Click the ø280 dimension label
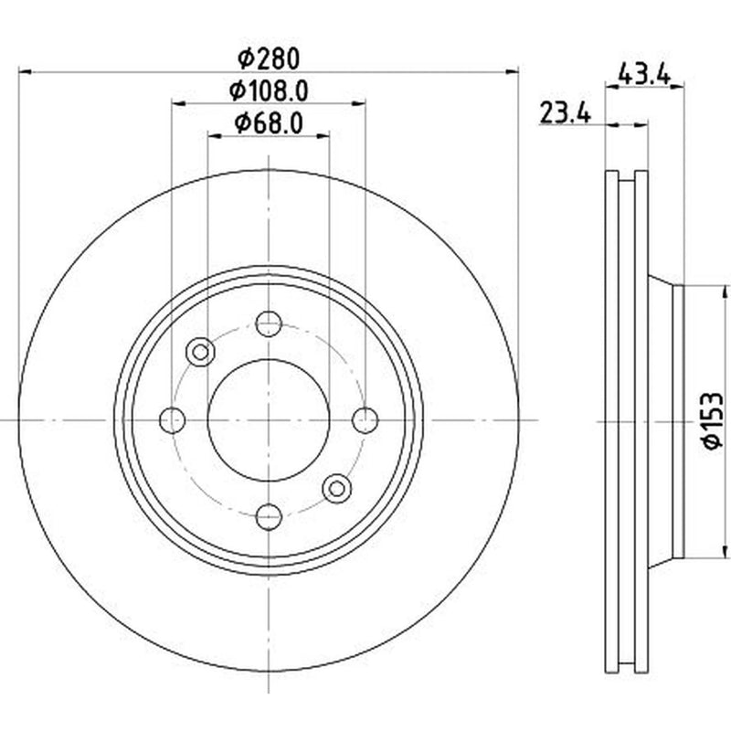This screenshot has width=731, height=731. (268, 59)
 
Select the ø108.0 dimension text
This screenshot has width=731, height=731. (269, 90)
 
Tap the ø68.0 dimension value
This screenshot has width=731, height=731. (269, 123)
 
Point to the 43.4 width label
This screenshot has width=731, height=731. (644, 75)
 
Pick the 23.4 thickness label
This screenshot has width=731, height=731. (565, 113)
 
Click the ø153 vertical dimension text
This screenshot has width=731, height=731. (713, 420)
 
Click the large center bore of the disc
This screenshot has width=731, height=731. (269, 420)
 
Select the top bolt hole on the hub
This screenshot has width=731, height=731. (269, 323)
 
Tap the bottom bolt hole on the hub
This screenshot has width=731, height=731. (269, 516)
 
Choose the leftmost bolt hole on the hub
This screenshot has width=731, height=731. (172, 420)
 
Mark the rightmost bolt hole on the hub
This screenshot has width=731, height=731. (365, 420)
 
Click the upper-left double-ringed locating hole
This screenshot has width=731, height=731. (200, 352)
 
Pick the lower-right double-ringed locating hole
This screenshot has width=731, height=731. (336, 489)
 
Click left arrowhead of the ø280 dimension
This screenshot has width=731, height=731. (25, 72)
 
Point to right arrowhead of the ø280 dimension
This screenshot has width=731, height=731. (513, 72)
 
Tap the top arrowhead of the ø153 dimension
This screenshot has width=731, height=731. (725, 292)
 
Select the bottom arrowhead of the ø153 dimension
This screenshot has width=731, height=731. (725, 552)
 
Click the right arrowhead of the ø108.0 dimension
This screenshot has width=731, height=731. (359, 103)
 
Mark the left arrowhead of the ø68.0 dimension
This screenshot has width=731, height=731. (214, 135)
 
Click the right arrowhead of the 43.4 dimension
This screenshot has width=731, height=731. (677, 86)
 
